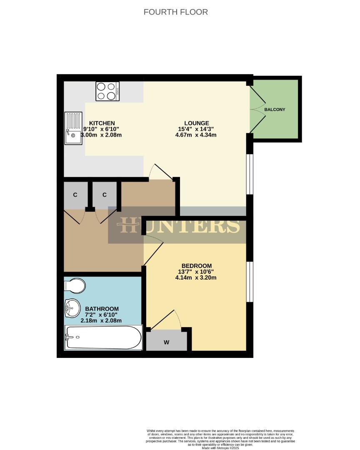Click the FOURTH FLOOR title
point(175,12)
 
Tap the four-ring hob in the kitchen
point(107,91)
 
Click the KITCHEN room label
point(102,123)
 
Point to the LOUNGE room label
point(197,123)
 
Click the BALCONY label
point(275,110)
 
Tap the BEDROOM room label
point(197,266)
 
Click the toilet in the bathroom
point(75,286)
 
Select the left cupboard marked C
point(75,195)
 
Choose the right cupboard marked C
point(105,195)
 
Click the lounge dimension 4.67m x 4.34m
point(197,135)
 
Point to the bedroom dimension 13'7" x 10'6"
point(197,272)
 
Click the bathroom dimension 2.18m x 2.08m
point(101,321)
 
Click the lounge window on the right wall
point(249,174)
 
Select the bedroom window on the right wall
point(249,281)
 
